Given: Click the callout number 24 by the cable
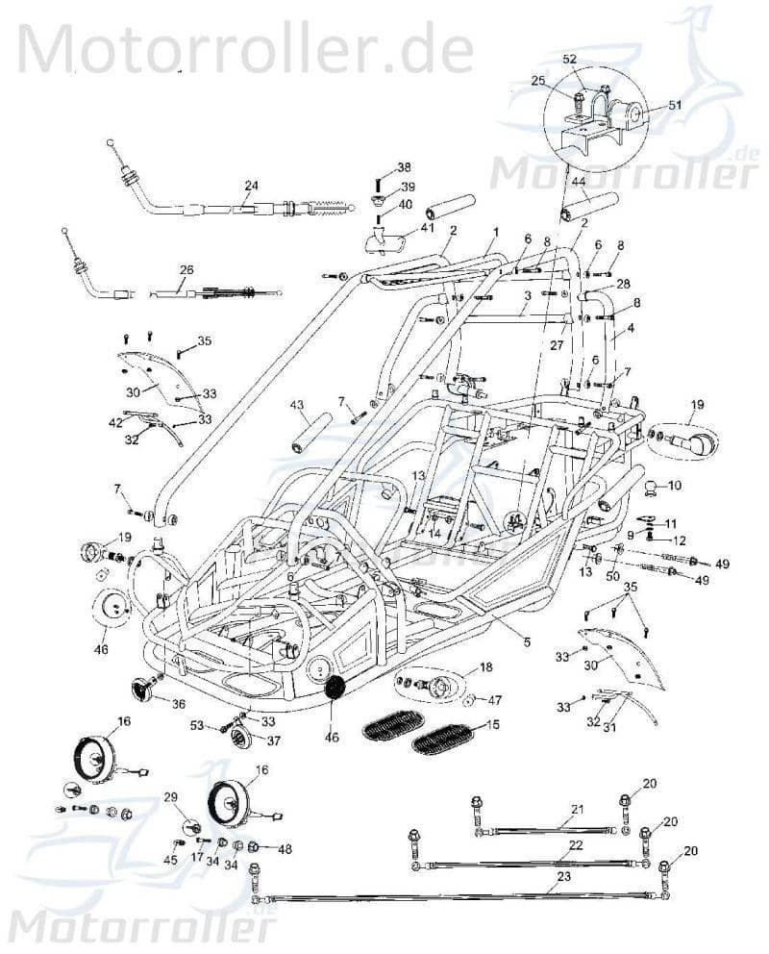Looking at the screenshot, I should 251,185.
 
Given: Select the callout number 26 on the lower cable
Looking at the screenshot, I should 186,269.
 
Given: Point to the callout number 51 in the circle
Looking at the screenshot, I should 674,105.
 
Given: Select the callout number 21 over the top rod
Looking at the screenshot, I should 577,810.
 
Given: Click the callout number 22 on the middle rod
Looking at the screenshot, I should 576,844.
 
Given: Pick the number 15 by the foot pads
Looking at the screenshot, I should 492,724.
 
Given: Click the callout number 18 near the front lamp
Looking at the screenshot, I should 485,666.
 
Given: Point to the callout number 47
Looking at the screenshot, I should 496,699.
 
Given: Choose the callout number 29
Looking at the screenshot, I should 171,797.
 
